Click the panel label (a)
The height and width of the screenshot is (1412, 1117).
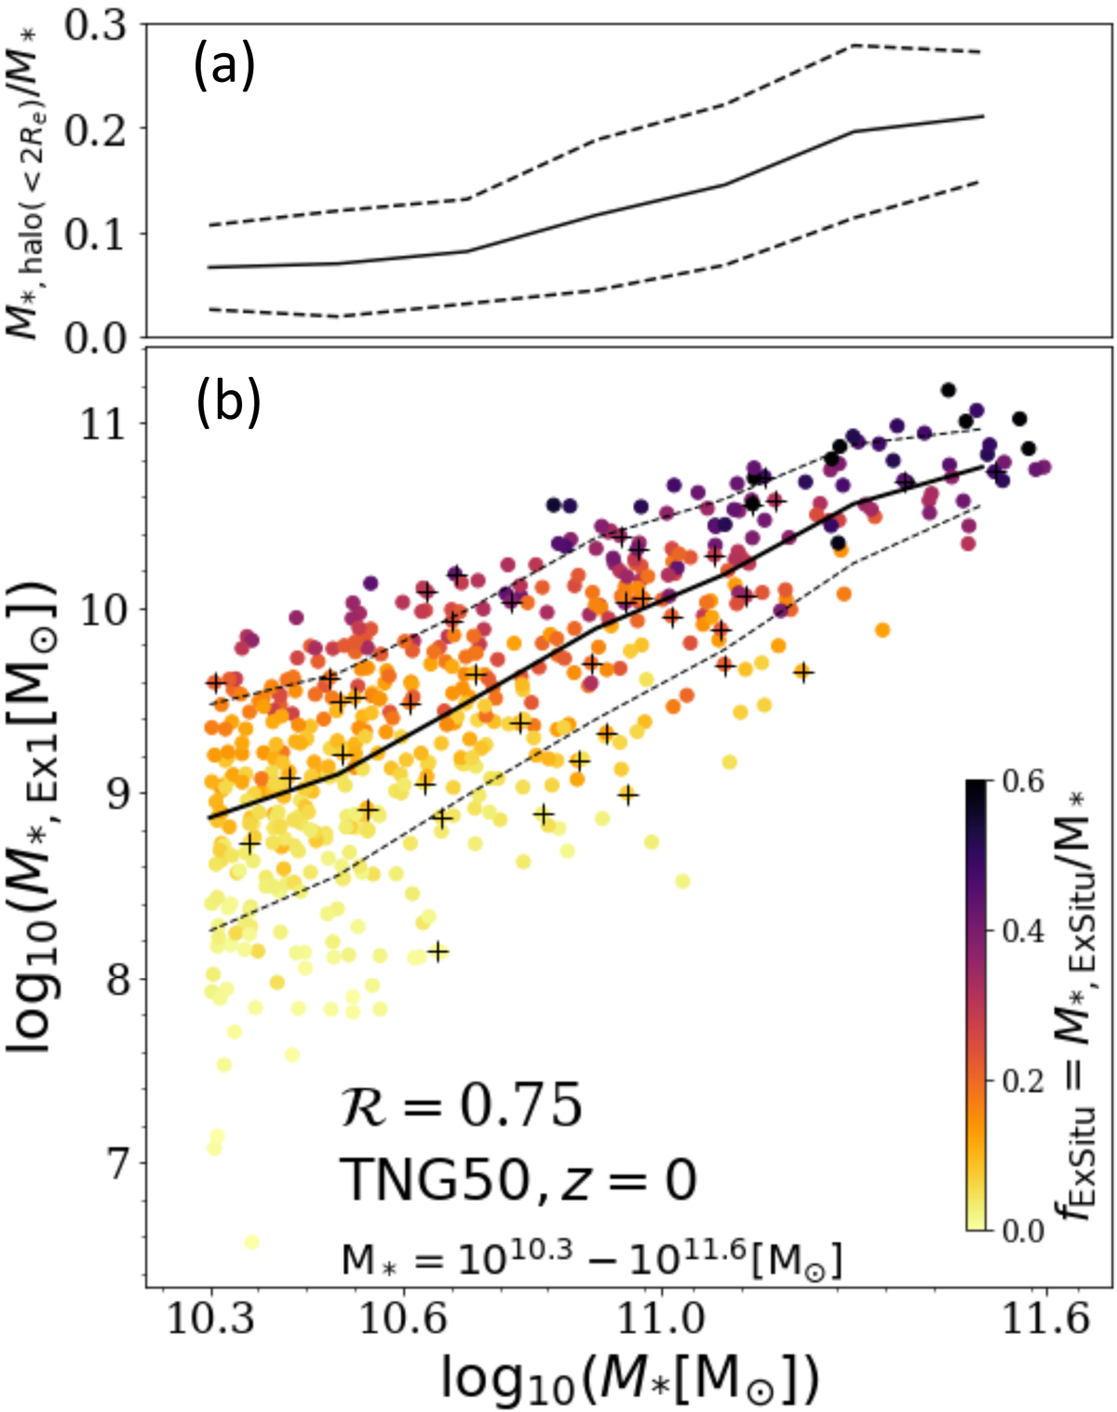[x=223, y=67]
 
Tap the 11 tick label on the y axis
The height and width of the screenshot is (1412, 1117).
[x=105, y=424]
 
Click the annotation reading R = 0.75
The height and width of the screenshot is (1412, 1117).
[x=461, y=1106]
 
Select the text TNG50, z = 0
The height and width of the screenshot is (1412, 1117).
[x=518, y=1180]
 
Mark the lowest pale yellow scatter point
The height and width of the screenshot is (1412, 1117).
[x=250, y=1243]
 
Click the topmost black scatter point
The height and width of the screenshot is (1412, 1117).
[x=948, y=390]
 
